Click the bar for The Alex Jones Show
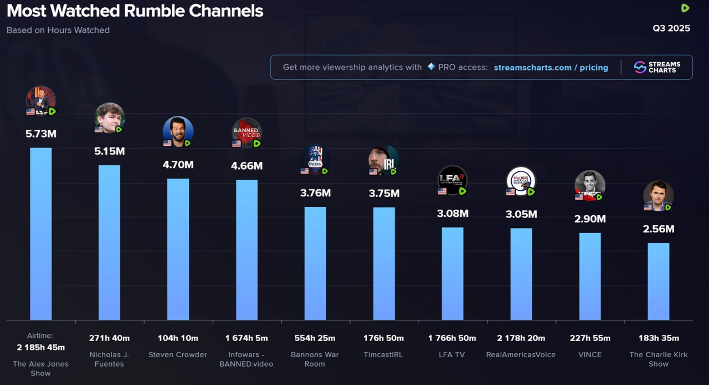click(40, 234)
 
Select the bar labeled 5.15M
click(109, 242)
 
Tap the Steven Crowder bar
click(178, 249)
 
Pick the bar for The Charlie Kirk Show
click(659, 281)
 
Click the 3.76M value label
click(315, 193)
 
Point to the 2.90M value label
click(590, 219)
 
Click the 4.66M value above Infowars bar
click(246, 166)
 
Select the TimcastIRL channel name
click(384, 354)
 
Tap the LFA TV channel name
click(452, 354)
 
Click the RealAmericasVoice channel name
click(521, 354)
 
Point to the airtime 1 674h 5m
click(246, 338)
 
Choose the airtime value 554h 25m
click(315, 338)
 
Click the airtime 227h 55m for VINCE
click(590, 338)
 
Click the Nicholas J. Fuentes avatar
click(109, 117)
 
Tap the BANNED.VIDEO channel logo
click(246, 133)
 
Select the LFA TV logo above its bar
click(453, 180)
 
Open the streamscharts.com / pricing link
click(551, 68)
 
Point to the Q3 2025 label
click(671, 28)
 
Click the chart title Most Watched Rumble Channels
click(135, 11)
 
